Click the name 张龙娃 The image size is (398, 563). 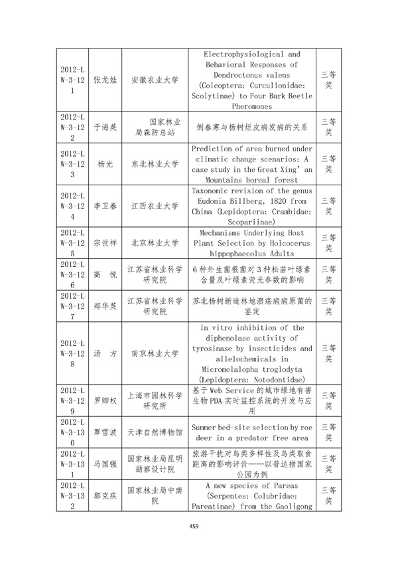tap(103, 80)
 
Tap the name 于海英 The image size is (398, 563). tap(103, 126)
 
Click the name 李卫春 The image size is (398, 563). tap(103, 206)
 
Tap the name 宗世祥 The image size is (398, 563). tap(103, 242)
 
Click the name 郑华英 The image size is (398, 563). tap(103, 306)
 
